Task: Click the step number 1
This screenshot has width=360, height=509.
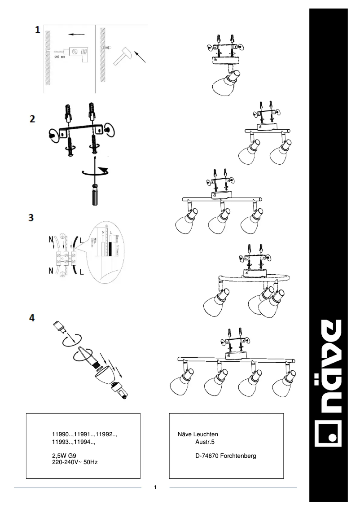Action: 39,31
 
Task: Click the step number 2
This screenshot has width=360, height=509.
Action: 32,119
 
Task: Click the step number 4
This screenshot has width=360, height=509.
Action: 32,317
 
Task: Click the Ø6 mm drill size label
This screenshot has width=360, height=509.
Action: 60,57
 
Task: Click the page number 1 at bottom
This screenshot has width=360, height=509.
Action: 155,487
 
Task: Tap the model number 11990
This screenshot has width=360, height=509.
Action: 61,434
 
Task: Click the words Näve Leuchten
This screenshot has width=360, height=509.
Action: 198,434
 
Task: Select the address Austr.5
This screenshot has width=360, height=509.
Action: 206,442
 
